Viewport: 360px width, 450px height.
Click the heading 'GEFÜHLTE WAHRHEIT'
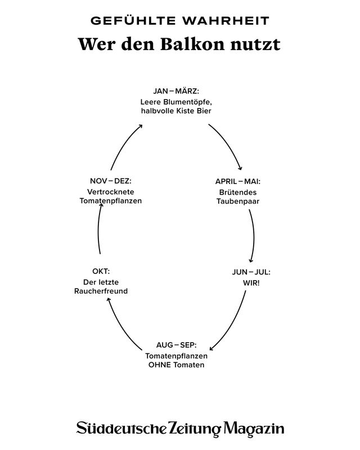[x=180, y=21]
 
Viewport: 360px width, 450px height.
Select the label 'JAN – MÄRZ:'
[x=176, y=91]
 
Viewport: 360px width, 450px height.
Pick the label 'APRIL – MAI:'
[x=237, y=182]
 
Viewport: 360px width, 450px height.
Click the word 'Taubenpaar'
[x=237, y=201]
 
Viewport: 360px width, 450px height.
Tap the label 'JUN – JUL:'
[x=251, y=272]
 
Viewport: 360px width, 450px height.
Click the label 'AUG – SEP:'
[x=176, y=345]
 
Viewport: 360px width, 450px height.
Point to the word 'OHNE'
[x=160, y=364]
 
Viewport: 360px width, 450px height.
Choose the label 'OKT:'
[x=101, y=272]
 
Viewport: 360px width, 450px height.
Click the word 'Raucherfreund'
[x=101, y=291]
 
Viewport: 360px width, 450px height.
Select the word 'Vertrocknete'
[x=111, y=191]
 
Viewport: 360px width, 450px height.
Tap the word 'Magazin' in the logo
[x=254, y=429]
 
